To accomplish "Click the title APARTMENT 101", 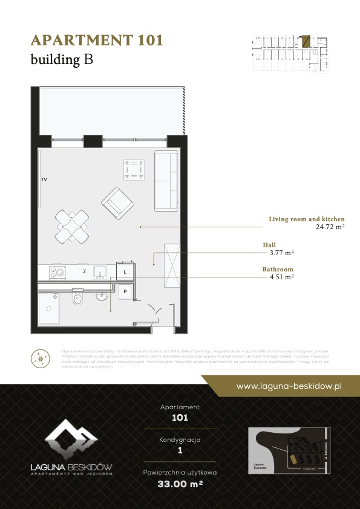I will pyautogui.click(x=97, y=41).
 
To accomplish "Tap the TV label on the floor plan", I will pyautogui.click(x=44, y=180).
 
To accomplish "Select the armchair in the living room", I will pyautogui.click(x=117, y=204).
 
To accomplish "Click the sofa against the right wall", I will pyautogui.click(x=166, y=181).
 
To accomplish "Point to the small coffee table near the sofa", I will pyautogui.click(x=134, y=169).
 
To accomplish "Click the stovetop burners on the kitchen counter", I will pyautogui.click(x=57, y=273).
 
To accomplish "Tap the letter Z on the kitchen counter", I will pyautogui.click(x=84, y=273).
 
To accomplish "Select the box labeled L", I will pyautogui.click(x=125, y=272).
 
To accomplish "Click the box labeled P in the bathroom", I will pyautogui.click(x=125, y=291).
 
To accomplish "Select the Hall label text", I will pyautogui.click(x=269, y=245).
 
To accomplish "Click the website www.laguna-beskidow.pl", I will pyautogui.click(x=289, y=386).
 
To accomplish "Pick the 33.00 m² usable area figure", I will pyautogui.click(x=180, y=484).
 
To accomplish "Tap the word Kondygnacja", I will pyautogui.click(x=180, y=439).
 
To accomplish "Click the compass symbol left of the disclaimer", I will pyautogui.click(x=41, y=359).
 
